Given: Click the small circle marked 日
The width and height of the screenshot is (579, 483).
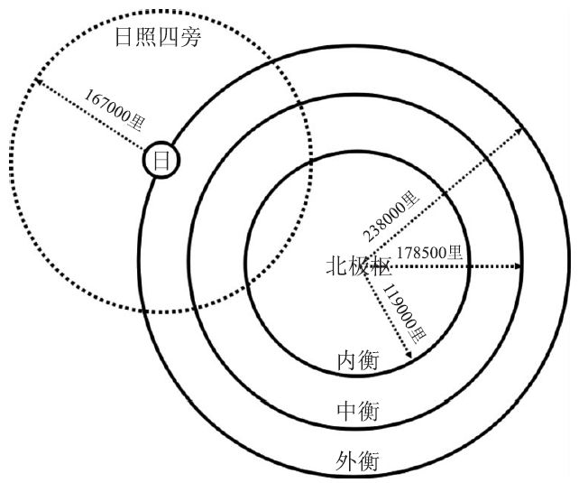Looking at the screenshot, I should click(x=161, y=162).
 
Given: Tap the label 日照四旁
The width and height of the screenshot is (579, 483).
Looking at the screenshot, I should click(x=159, y=38).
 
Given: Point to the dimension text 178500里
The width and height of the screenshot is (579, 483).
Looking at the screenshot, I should click(x=429, y=252).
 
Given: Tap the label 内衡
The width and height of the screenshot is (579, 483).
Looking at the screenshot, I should click(x=356, y=360).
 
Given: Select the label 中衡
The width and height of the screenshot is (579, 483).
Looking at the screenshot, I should click(x=356, y=412).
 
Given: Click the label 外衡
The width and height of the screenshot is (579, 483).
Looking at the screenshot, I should click(x=356, y=462).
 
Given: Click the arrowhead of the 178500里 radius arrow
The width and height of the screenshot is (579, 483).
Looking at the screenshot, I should click(x=519, y=266).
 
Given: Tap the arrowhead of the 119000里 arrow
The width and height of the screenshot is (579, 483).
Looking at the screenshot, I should click(x=409, y=359).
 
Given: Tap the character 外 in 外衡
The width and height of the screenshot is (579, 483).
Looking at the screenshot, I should click(x=345, y=462).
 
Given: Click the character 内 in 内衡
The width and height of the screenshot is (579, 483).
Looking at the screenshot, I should click(x=345, y=360).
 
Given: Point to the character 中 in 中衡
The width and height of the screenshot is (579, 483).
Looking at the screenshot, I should click(x=345, y=412).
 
